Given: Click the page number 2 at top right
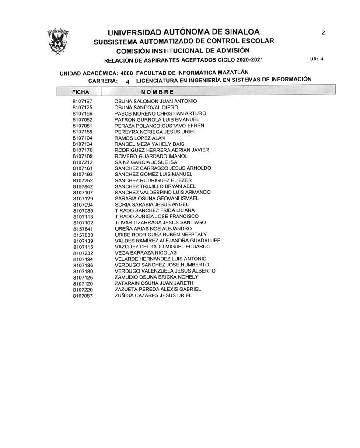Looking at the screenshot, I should (323, 32).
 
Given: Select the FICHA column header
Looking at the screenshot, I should (80, 92).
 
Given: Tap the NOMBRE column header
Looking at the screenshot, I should (157, 92).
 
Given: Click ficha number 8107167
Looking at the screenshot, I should (82, 101).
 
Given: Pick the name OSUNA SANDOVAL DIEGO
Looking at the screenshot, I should (146, 107).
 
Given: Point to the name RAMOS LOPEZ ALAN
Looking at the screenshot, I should (140, 138).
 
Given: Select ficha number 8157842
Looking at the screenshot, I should (83, 187).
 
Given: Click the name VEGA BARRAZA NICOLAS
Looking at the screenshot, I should (146, 253).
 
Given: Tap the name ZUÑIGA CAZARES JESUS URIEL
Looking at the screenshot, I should (153, 296).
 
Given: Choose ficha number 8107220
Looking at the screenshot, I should (83, 290).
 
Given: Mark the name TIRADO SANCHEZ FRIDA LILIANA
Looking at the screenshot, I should (155, 210).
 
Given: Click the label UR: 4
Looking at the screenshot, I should (317, 59).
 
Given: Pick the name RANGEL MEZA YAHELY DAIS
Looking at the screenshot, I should (149, 144).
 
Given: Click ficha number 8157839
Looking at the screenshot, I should (83, 235).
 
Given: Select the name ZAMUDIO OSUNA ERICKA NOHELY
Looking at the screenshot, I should (157, 277).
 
